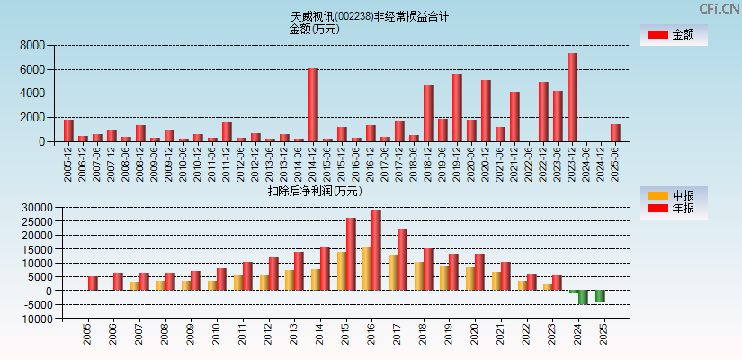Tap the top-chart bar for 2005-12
tap(68, 130)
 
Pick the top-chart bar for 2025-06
tap(615, 132)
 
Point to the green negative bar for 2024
tap(583, 297)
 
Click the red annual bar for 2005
tap(93, 283)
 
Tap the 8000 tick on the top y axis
tap(32, 45)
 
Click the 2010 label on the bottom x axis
tap(215, 335)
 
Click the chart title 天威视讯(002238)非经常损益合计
tap(370, 16)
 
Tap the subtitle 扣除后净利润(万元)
tap(315, 191)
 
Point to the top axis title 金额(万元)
tap(314, 29)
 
